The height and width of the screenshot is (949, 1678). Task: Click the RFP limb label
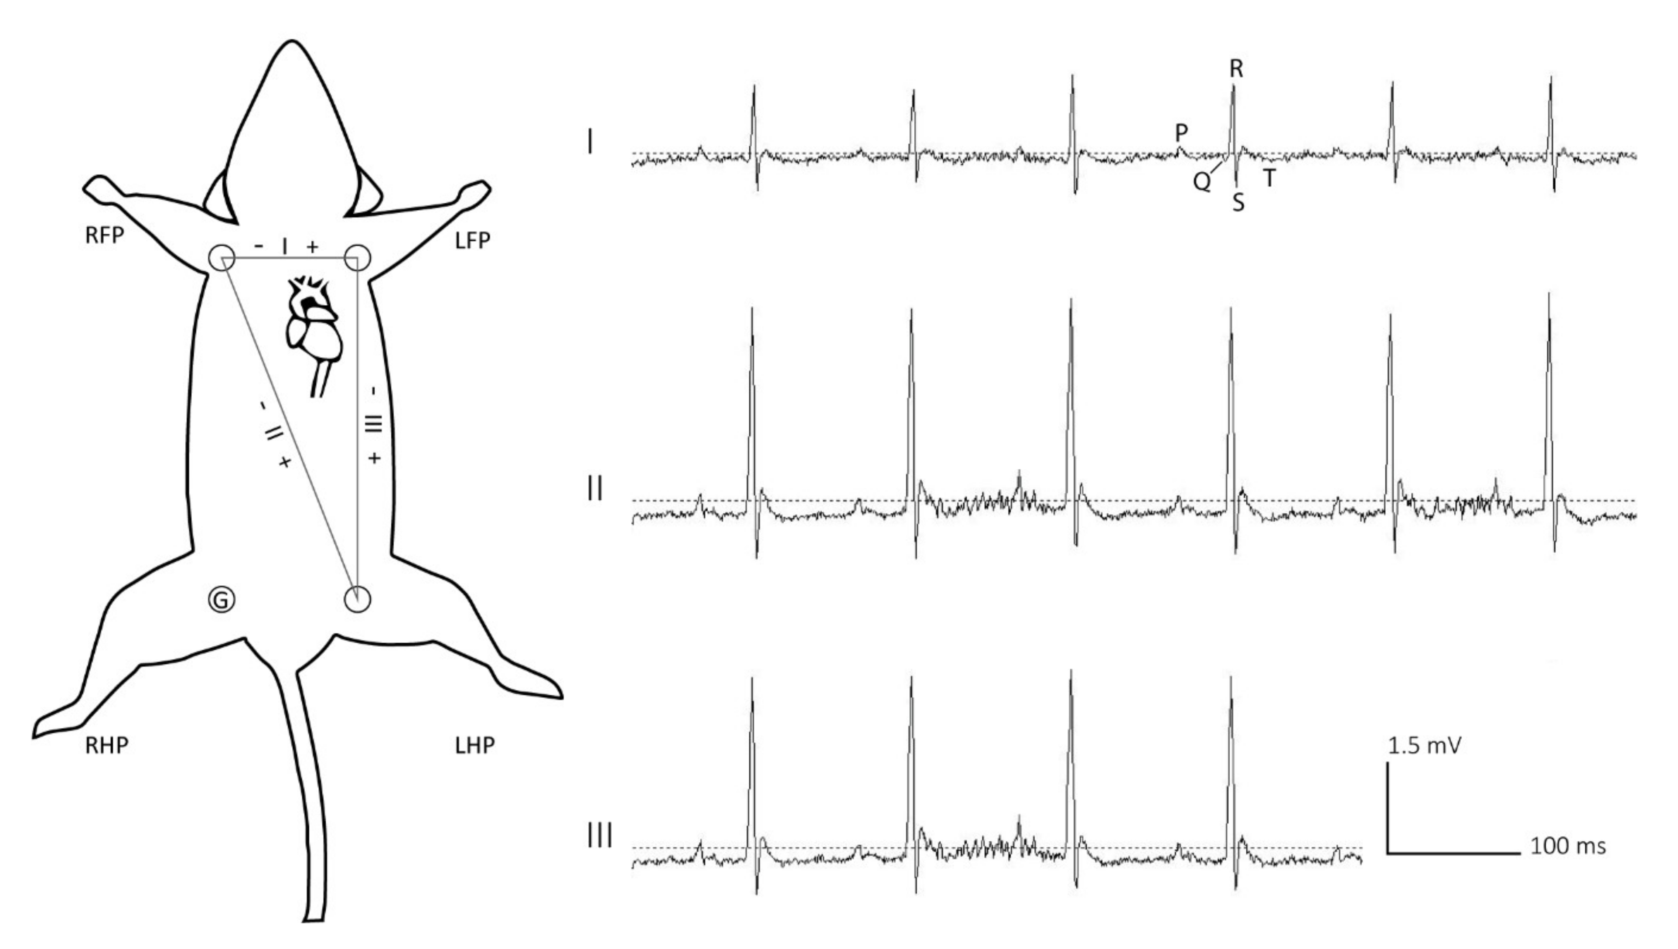(104, 236)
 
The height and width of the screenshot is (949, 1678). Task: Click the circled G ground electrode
(222, 600)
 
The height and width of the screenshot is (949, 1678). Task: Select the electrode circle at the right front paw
(222, 258)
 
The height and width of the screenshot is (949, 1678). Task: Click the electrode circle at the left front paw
(357, 258)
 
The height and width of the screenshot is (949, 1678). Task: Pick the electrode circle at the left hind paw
(358, 600)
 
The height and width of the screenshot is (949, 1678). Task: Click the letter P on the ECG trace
(1181, 133)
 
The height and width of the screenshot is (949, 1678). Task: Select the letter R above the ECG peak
(1236, 69)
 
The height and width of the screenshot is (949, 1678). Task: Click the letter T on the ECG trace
(1269, 178)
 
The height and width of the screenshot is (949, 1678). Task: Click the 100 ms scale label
(1568, 847)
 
